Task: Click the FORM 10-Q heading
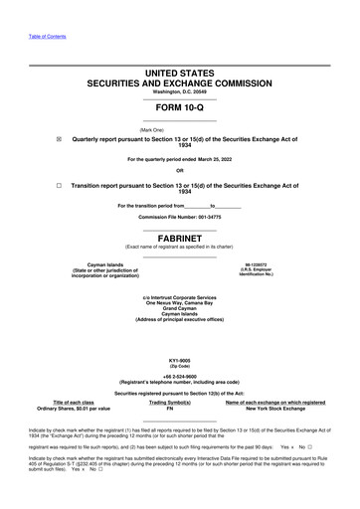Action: (179, 109)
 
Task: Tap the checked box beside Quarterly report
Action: (60, 140)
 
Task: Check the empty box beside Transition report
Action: (60, 185)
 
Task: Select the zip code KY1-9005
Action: (179, 360)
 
